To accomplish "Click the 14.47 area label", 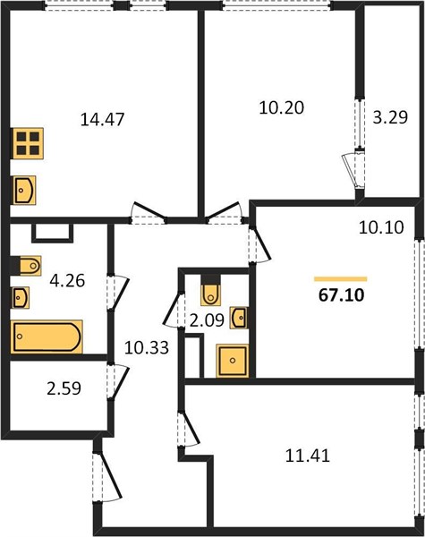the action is pos(102,120).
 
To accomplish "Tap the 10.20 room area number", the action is pos(282,108).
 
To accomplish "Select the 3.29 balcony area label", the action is pos(390,117).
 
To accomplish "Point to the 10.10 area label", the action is pos(381,227).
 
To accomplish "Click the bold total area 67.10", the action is pos(342,295).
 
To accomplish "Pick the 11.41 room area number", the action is pos(308,456).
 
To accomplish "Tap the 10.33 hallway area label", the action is pos(147,348).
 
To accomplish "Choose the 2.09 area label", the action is pos(207,320).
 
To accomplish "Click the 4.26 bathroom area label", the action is pos(67,281).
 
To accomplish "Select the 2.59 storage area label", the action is pos(64,388).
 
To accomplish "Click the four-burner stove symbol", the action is pos(28,143).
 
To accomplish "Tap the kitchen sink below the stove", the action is pos(24,191).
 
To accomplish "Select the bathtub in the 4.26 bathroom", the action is pos(47,337).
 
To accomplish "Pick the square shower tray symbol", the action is pos(233,361).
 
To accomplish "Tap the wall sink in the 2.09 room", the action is pos(239,318).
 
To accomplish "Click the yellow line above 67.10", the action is pos(341,279).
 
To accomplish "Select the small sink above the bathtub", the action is pos(20,298).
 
